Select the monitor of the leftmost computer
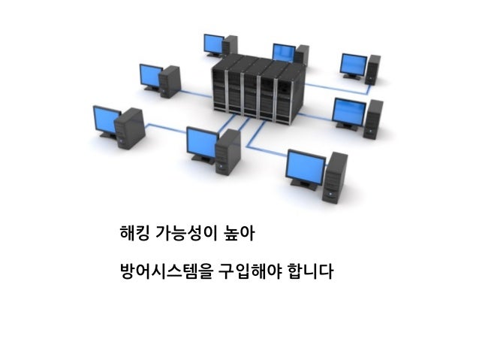[106, 119]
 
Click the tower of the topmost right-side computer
[373, 69]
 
